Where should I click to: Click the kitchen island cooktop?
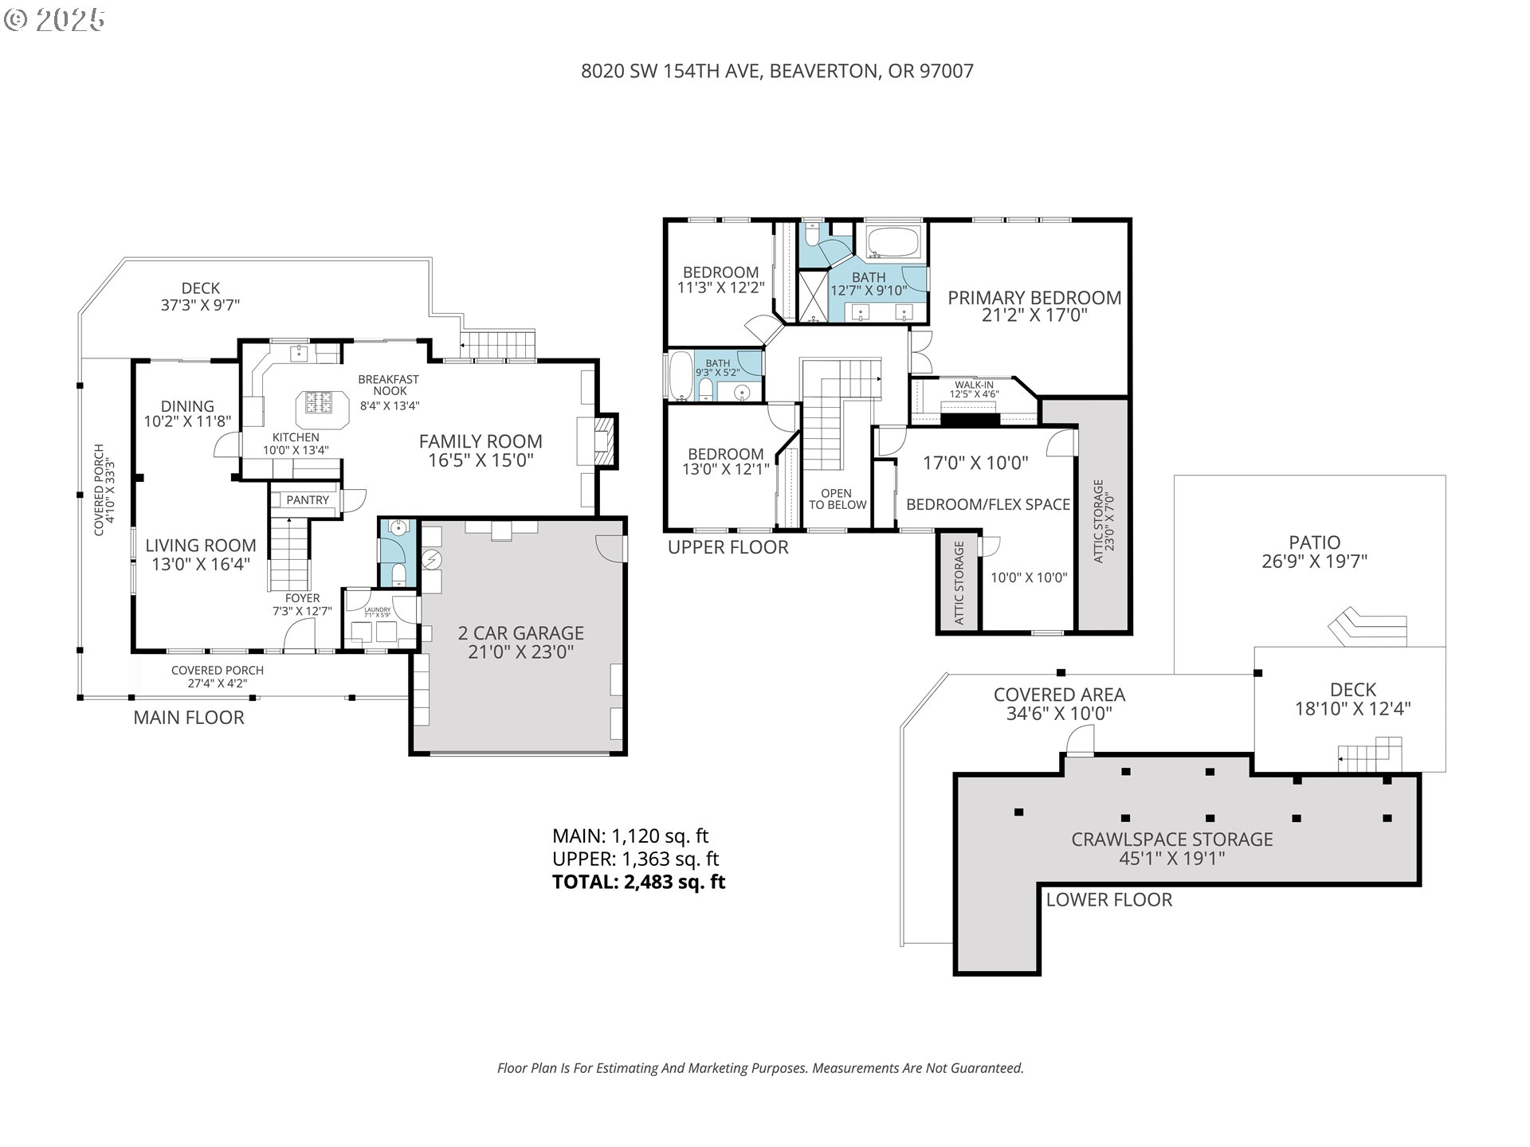click(x=323, y=403)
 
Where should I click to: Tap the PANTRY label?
click(x=308, y=500)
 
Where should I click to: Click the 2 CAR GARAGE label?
click(x=521, y=633)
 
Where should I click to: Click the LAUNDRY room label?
click(x=378, y=609)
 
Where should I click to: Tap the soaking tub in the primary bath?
click(x=892, y=242)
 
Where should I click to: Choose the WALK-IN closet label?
click(x=973, y=385)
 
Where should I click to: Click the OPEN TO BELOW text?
click(x=838, y=499)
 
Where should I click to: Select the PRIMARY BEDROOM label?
click(x=1034, y=298)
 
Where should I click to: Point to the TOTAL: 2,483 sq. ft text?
click(x=638, y=882)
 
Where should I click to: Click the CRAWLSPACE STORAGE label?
click(x=1171, y=840)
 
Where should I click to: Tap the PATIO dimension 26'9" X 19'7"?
click(x=1314, y=562)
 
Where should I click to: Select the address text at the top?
click(x=777, y=71)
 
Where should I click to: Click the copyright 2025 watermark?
click(x=55, y=20)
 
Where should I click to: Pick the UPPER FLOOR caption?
click(x=728, y=547)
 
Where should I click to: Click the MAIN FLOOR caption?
click(x=189, y=718)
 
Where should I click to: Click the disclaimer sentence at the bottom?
click(x=760, y=1068)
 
